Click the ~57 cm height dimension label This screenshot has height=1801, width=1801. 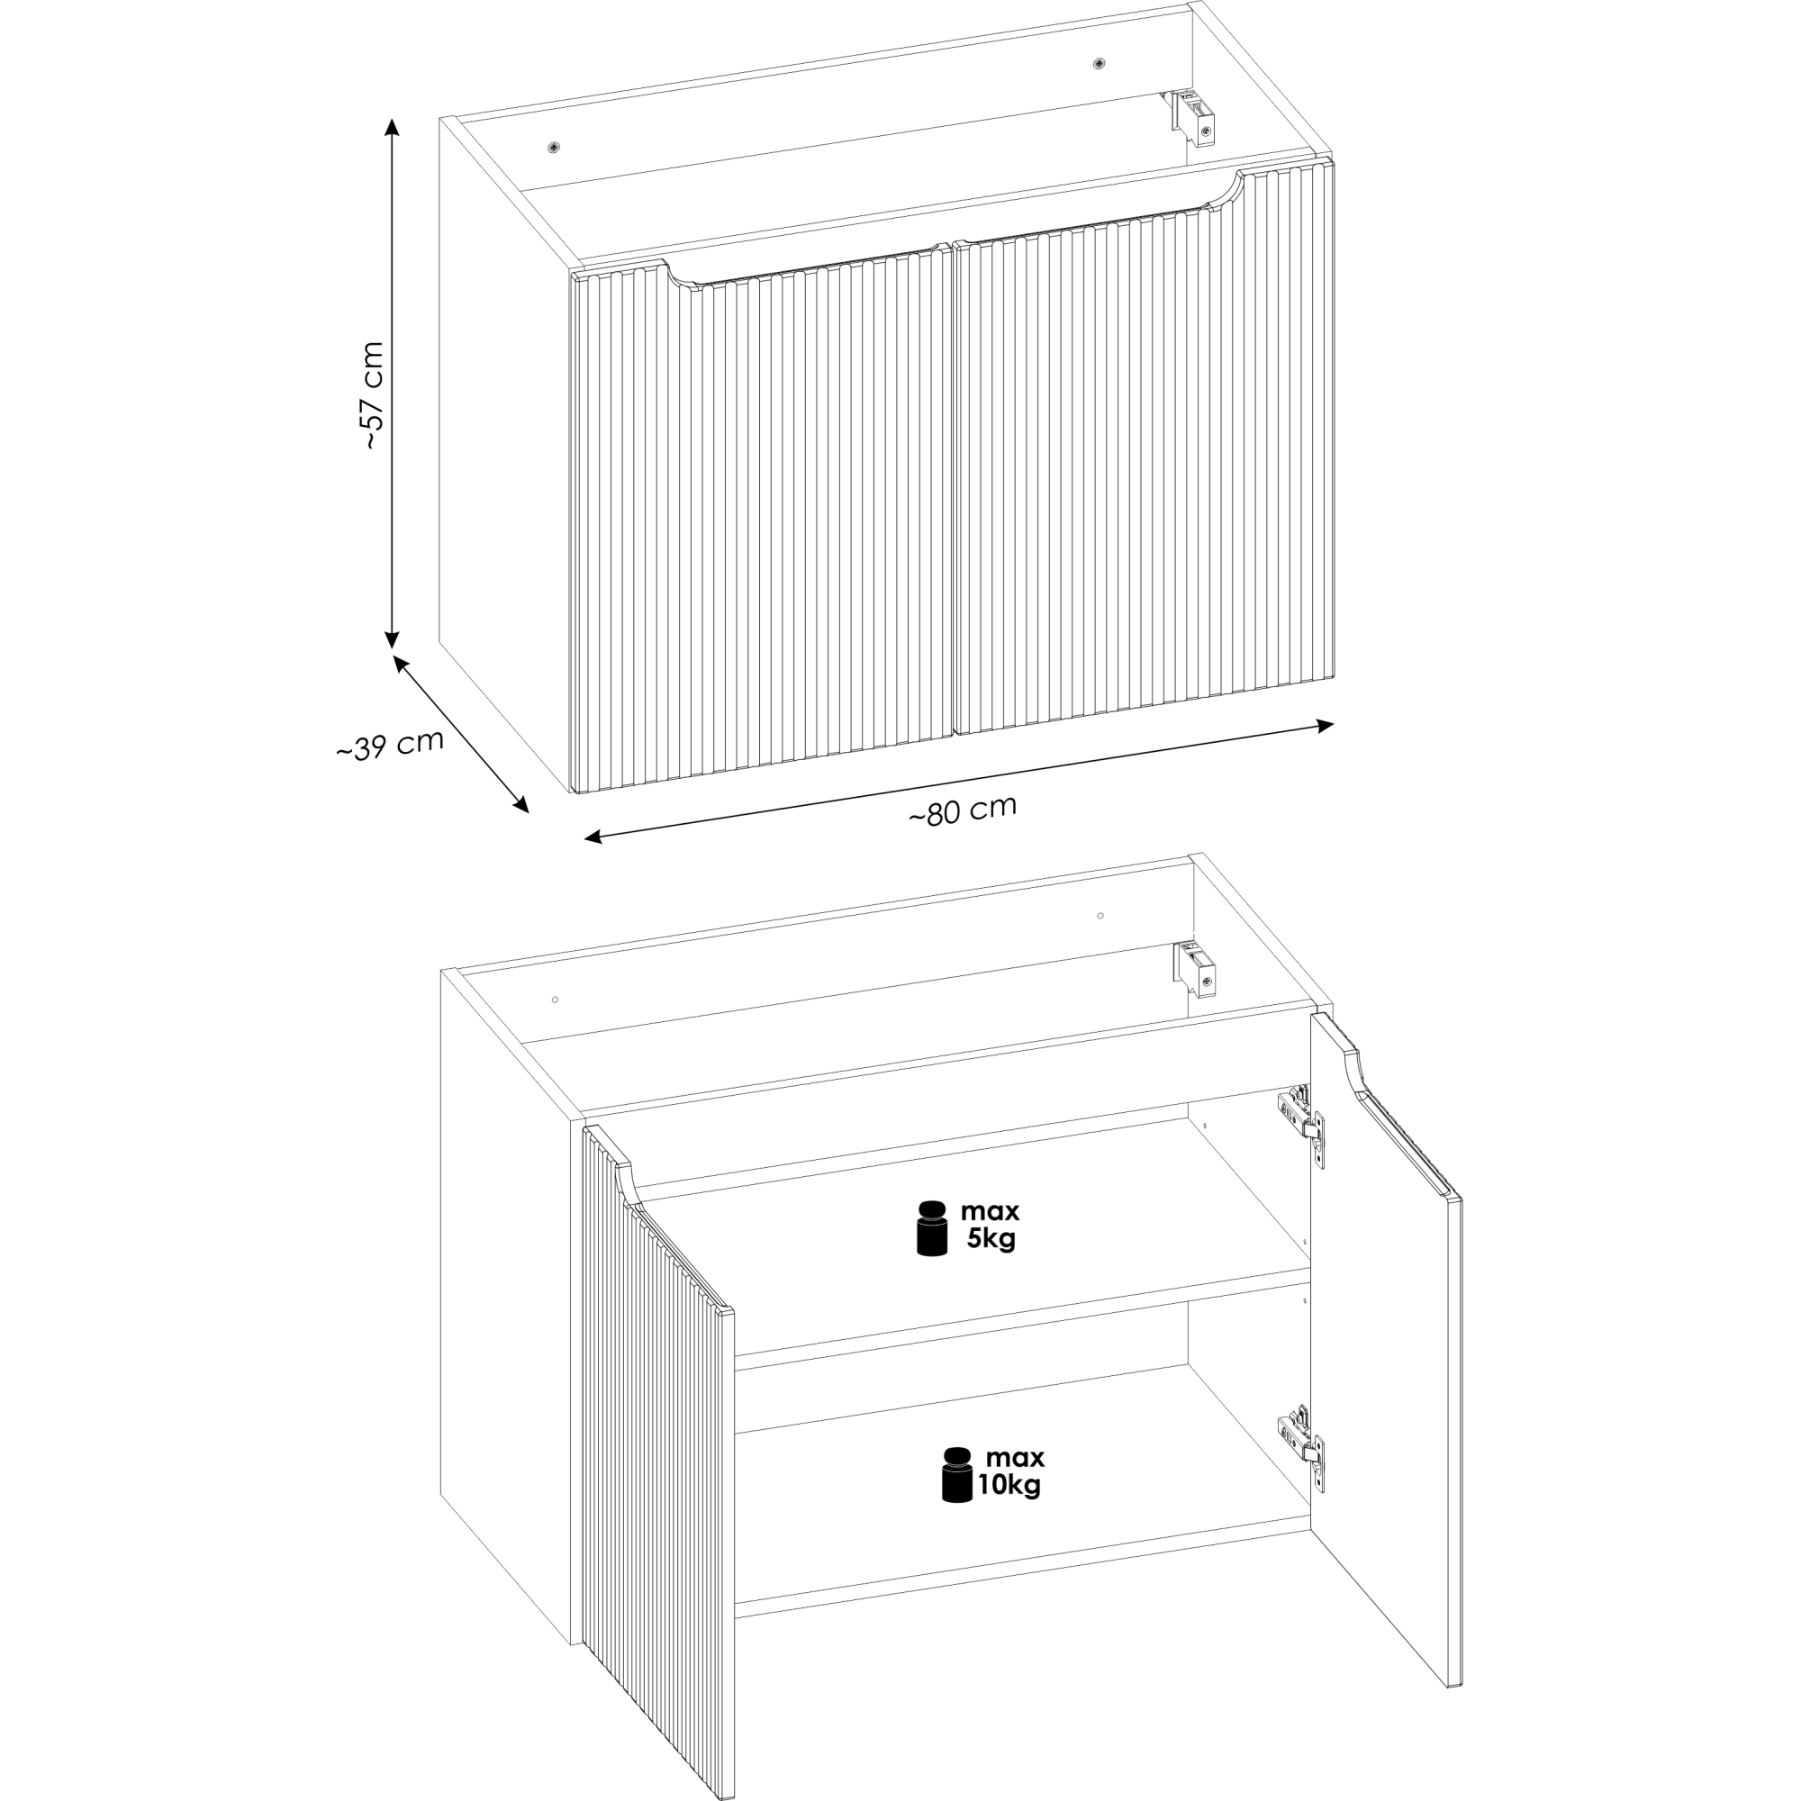click(373, 396)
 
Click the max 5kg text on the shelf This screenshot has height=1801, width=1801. click(990, 1225)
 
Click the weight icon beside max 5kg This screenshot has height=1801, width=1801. click(932, 1227)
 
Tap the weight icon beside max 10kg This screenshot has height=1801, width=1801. click(956, 1475)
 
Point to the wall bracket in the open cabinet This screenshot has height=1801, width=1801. click(1195, 969)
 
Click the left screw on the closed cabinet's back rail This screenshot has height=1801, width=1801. click(555, 147)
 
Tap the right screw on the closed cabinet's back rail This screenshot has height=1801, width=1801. click(1100, 63)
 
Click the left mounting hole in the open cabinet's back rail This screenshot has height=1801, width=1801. click(555, 1000)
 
